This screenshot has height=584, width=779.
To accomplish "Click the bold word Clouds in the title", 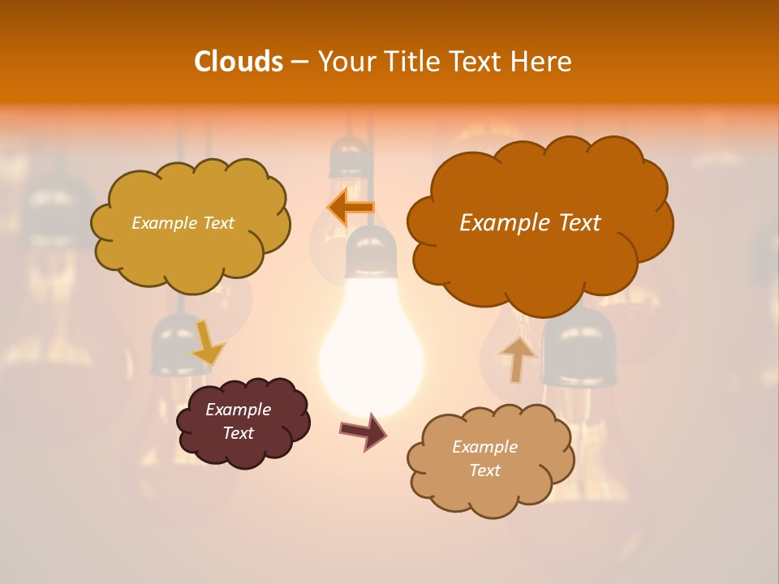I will point(238,62).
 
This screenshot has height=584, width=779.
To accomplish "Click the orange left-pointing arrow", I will point(351,208).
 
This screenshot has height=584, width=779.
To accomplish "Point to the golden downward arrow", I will point(208,342).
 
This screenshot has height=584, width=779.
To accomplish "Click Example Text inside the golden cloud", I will point(183,223).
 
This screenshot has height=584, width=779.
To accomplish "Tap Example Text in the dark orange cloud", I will point(530,223).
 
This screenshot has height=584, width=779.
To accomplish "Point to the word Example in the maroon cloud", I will point(238,410).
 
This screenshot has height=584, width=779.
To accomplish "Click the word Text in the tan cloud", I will point(484,470).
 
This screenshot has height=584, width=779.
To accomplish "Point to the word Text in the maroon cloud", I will point(238,433).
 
